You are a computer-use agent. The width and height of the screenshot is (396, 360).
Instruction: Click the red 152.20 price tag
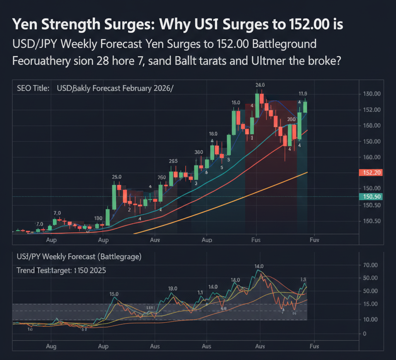pyautogui.click(x=370, y=173)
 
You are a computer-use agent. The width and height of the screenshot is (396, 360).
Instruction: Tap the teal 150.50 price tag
pyautogui.click(x=370, y=197)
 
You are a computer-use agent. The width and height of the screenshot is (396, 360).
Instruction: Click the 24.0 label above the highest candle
pyautogui.click(x=259, y=85)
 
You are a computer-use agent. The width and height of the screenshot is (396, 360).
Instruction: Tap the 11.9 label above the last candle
pyautogui.click(x=303, y=94)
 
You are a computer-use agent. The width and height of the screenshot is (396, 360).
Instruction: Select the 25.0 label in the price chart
pyautogui.click(x=117, y=177)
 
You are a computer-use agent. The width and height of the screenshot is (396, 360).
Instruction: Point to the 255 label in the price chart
pyautogui.click(x=173, y=161)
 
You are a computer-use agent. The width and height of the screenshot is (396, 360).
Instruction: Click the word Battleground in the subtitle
pyautogui.click(x=284, y=44)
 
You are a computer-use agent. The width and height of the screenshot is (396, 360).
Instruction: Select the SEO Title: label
pyautogui.click(x=33, y=88)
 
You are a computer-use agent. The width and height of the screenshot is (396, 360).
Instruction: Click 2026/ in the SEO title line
pyautogui.click(x=165, y=88)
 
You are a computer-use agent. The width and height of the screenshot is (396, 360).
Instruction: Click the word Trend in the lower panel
pyautogui.click(x=26, y=271)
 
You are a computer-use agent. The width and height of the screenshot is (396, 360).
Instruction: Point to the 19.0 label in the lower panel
pyautogui.click(x=172, y=288)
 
